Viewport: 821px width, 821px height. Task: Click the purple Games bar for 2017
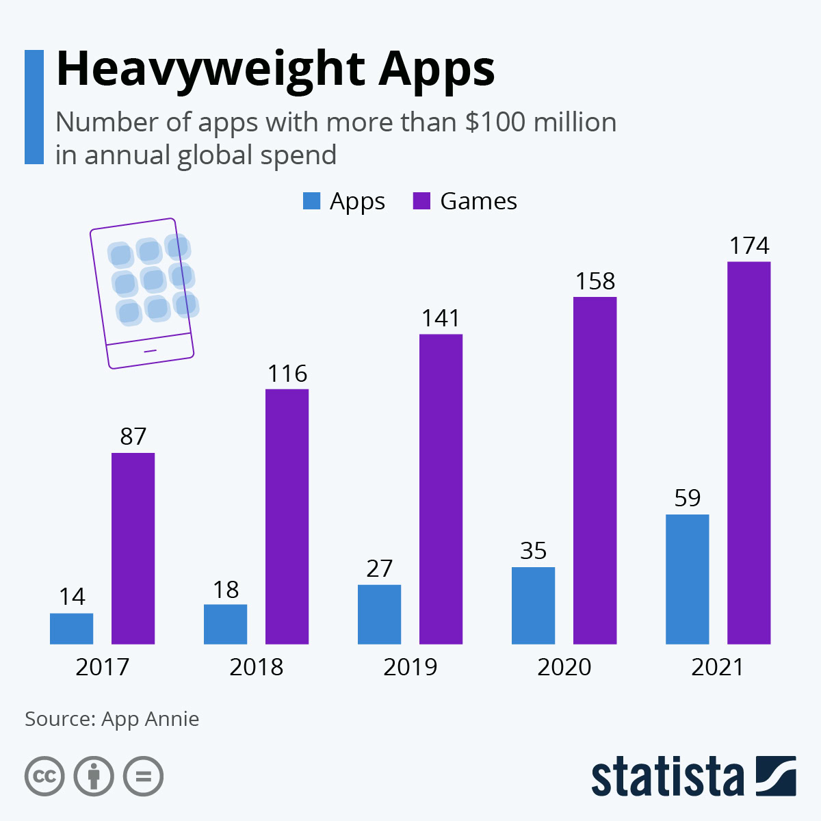[x=133, y=548]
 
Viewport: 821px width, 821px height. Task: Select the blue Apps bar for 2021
[x=687, y=579]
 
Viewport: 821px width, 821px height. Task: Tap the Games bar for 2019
[x=441, y=489]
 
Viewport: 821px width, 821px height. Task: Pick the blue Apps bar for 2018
[x=225, y=624]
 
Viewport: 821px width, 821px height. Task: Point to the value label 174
[x=749, y=246]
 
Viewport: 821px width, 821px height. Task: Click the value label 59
[x=687, y=498]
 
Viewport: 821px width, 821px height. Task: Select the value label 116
[x=287, y=374]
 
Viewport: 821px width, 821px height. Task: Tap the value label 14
[x=72, y=597]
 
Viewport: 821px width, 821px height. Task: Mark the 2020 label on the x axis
[x=564, y=667]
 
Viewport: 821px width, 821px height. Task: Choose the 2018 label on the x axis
[x=256, y=667]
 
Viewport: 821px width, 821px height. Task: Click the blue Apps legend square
[x=311, y=201]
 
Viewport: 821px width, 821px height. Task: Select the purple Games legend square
[x=422, y=201]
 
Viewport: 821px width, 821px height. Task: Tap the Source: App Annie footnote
[x=112, y=719]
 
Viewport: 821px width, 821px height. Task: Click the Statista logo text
[x=667, y=777]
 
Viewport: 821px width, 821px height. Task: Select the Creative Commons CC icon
[x=44, y=777]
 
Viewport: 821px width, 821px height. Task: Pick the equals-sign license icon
[x=143, y=777]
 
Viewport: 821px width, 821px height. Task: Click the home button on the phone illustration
[x=151, y=351]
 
